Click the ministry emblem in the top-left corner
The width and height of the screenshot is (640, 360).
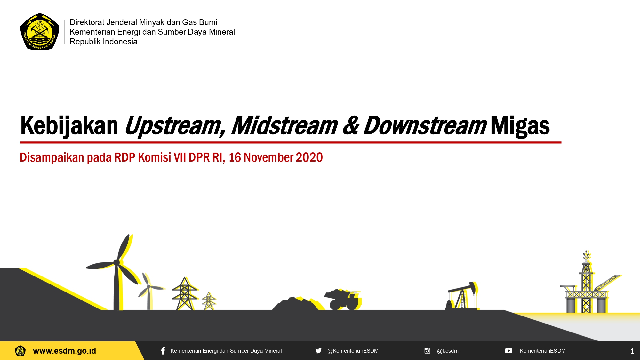click(x=40, y=32)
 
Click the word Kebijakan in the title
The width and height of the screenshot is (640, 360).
click(x=69, y=126)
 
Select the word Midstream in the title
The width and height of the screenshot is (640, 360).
click(x=284, y=125)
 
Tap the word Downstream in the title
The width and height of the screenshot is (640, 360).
click(x=425, y=125)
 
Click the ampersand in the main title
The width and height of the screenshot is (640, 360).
click(x=351, y=125)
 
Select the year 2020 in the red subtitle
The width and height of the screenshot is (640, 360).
click(x=309, y=157)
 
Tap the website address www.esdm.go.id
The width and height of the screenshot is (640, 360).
click(x=64, y=351)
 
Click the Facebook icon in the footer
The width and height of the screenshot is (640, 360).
click(x=163, y=351)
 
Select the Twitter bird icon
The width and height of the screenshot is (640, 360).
click(x=318, y=351)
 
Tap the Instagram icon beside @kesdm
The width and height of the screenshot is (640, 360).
click(x=427, y=351)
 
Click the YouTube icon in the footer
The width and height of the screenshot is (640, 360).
click(x=508, y=351)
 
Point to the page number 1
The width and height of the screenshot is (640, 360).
click(x=632, y=351)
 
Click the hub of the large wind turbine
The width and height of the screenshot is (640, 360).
click(x=116, y=263)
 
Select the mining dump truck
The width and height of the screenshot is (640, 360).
click(x=343, y=300)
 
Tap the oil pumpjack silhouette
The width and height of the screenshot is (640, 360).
click(x=462, y=296)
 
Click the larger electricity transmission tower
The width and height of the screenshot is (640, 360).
click(x=185, y=293)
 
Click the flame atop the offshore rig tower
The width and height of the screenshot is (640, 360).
click(x=586, y=255)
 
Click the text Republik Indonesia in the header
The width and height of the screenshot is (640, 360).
click(x=103, y=42)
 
